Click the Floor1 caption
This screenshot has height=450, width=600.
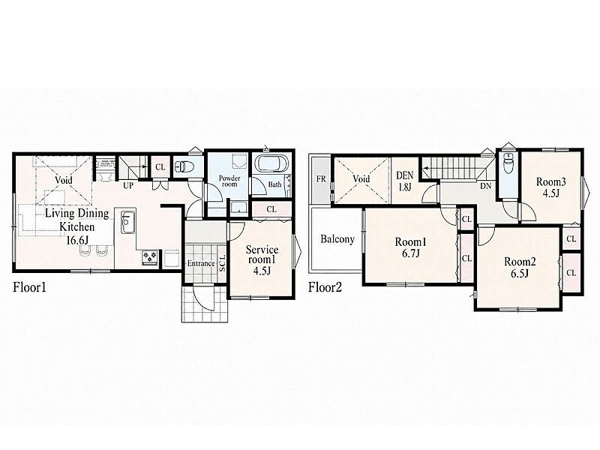point(29,287)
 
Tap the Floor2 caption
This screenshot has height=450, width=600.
point(325,287)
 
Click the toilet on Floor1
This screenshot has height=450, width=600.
point(184,166)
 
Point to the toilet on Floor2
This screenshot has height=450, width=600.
point(508,163)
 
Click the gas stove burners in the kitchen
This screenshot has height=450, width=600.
point(151,257)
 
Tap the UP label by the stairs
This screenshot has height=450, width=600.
point(128,185)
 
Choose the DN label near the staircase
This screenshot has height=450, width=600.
point(485,186)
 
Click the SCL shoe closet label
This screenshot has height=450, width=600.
point(222,263)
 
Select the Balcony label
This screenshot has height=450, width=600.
point(337,239)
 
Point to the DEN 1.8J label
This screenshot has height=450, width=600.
point(405,181)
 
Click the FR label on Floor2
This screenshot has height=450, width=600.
point(321,178)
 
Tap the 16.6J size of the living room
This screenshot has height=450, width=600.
point(77,241)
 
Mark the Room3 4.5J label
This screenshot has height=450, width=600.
point(551,187)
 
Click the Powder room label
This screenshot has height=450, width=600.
point(229,181)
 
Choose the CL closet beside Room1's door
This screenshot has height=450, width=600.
point(466,219)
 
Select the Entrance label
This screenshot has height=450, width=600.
point(201,264)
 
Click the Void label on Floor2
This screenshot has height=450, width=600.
point(361,178)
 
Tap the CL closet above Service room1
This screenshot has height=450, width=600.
point(271,210)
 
